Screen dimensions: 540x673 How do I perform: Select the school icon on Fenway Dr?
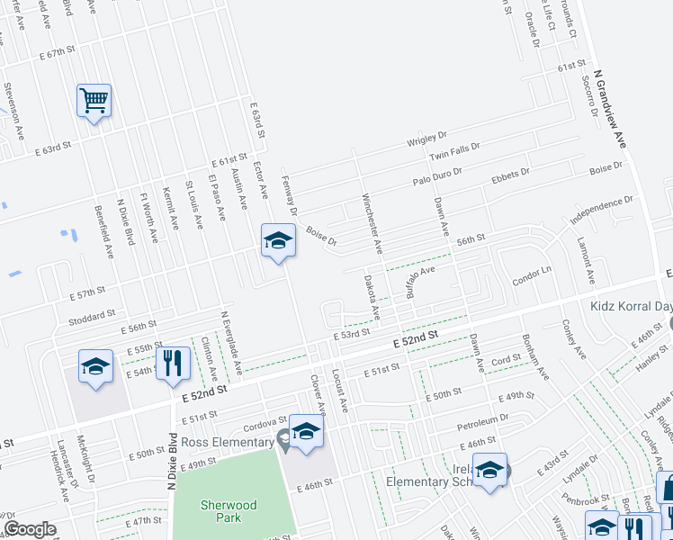coord(278,240)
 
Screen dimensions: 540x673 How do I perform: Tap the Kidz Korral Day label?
coord(631,306)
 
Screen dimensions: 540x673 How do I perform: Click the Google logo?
coord(30,529)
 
